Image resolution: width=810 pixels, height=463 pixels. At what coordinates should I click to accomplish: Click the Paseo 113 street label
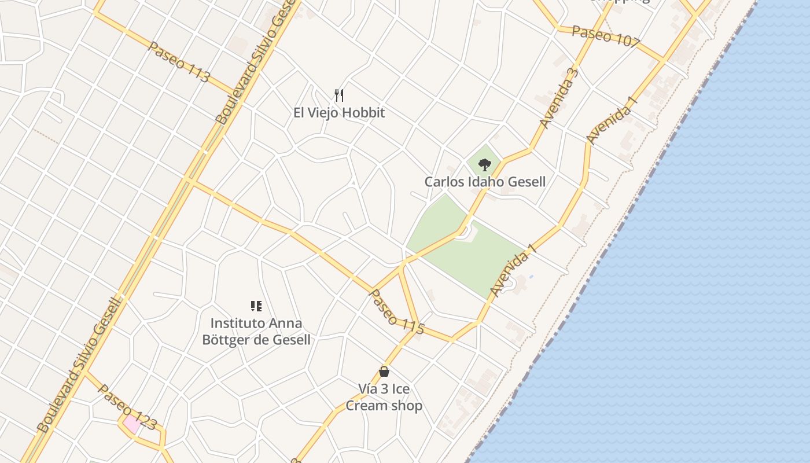click(x=178, y=62)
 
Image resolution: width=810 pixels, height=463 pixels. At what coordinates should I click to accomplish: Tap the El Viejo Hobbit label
click(x=339, y=112)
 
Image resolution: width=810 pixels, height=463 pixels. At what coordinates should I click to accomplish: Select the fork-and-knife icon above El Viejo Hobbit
click(x=339, y=95)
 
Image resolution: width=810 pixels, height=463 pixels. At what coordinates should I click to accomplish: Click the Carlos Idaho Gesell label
click(x=485, y=182)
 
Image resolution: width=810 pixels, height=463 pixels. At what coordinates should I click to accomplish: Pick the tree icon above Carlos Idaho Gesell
click(x=485, y=165)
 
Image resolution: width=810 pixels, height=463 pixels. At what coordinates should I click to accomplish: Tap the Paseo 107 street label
click(x=606, y=36)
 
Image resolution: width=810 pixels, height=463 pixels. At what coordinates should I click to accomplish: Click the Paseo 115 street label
click(x=397, y=311)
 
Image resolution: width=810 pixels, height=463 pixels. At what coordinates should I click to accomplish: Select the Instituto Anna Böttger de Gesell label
click(x=256, y=331)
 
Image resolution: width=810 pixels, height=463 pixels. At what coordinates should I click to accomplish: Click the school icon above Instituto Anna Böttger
click(x=256, y=306)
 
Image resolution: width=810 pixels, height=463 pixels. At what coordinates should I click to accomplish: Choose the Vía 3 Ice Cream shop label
click(x=384, y=397)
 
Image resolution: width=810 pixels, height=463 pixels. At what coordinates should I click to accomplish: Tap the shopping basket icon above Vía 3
click(x=384, y=371)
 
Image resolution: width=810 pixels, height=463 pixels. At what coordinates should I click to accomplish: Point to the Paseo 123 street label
click(x=127, y=407)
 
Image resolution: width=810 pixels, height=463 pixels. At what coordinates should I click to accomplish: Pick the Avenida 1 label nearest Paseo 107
click(x=612, y=119)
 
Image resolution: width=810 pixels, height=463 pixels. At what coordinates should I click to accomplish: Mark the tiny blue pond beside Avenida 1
click(x=531, y=277)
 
